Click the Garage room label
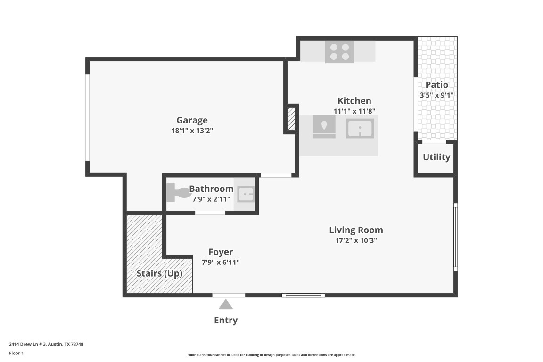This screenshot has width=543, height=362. coord(192,120)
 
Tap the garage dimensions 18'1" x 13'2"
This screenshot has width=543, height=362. coord(192,131)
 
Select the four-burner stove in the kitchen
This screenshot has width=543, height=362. coord(339,51)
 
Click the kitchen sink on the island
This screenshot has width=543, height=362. coord(360,128)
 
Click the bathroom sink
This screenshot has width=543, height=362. coord(245,194)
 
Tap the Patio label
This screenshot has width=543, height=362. coord(437,85)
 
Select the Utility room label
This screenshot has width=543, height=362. coord(436,157)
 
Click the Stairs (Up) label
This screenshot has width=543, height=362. coord(159,273)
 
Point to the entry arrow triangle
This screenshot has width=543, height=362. coord(226,304)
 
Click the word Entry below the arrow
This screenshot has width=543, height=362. coord(226,320)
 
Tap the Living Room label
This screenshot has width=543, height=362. coord(356,230)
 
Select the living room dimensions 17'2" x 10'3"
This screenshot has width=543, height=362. coord(356,240)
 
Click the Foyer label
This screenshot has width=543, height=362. coord(221,252)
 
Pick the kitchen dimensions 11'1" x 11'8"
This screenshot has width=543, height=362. coord(354,111)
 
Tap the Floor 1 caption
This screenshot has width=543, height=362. coord(16,353)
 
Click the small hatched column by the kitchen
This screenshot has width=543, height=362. coord(291,119)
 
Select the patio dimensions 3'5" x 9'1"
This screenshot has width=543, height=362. coord(437,95)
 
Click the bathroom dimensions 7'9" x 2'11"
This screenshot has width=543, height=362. coord(211,199)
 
